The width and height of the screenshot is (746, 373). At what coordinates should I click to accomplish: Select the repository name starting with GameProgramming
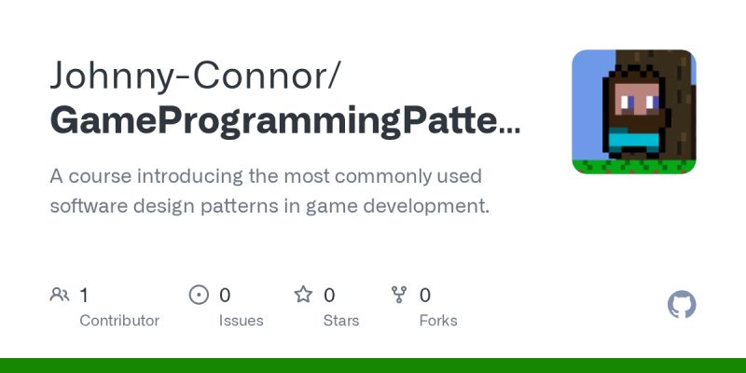[x=284, y=121]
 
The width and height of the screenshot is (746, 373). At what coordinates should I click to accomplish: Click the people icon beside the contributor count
[x=60, y=296]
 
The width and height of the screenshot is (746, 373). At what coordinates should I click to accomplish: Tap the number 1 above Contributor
[x=84, y=296]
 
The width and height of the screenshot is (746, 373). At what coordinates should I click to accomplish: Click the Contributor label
[x=119, y=321]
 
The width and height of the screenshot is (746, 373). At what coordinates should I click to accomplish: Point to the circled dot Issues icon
[x=199, y=296]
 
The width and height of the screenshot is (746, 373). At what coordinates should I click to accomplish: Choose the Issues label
[x=242, y=321]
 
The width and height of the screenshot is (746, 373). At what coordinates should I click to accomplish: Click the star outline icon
[x=303, y=296]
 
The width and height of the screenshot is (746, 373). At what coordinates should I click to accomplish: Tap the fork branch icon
[x=400, y=296]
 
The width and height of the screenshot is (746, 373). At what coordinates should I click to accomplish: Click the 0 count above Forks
[x=425, y=296]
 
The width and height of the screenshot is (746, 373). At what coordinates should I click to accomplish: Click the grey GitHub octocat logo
[x=682, y=305]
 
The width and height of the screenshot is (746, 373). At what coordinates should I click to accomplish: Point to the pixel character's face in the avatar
[x=637, y=99]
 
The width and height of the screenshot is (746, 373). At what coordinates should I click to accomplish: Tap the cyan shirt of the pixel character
[x=633, y=141]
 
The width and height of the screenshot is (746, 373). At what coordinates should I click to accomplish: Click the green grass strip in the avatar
[x=633, y=168]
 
